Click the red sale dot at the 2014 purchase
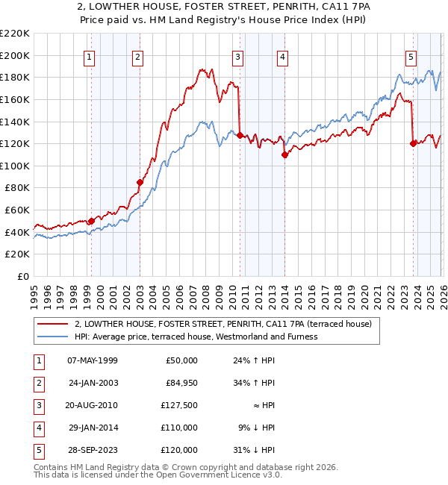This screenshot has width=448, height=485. click(x=284, y=154)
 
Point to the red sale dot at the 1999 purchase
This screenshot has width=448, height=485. click(x=91, y=221)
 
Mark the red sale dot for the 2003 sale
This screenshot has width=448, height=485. click(x=140, y=182)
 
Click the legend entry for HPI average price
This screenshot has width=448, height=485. click(x=196, y=337)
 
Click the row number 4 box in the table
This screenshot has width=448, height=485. click(x=37, y=428)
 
